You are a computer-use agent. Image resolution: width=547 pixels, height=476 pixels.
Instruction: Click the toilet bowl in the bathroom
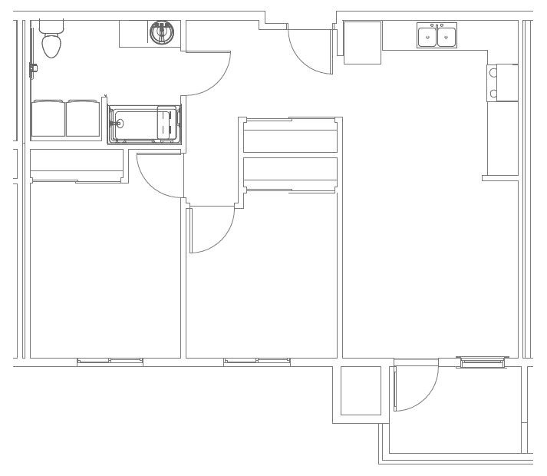[51, 45]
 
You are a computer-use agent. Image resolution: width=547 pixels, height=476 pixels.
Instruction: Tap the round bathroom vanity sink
[161, 32]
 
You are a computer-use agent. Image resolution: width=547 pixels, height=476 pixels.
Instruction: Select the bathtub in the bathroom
[144, 124]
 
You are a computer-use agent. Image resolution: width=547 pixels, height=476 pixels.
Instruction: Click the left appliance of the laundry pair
[48, 118]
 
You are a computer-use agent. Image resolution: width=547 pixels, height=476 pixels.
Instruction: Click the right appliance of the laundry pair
[83, 118]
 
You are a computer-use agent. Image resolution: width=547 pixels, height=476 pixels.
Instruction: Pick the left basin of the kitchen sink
[427, 36]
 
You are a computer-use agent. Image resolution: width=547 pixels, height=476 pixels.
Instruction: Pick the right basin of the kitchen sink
[446, 36]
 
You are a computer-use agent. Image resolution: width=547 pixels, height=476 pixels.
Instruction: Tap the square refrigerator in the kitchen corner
[362, 43]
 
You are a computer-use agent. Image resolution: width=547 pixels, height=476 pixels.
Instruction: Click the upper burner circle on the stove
[493, 72]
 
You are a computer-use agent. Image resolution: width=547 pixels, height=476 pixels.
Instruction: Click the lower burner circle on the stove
[493, 94]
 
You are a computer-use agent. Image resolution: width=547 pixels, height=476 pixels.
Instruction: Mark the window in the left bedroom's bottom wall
[110, 361]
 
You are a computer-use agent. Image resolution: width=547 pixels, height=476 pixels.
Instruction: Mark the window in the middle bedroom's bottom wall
[257, 361]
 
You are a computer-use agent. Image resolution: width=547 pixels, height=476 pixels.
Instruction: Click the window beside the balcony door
[483, 361]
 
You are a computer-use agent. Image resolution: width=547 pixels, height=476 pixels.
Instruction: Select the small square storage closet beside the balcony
[361, 391]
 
